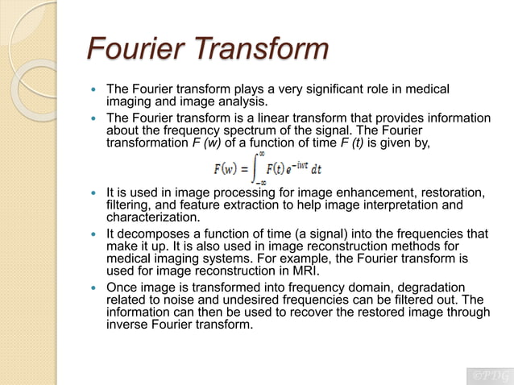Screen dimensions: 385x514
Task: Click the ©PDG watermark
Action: click(x=487, y=375)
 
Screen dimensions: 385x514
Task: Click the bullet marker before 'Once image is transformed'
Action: click(x=96, y=288)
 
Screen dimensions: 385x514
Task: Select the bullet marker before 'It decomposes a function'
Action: click(x=96, y=234)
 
